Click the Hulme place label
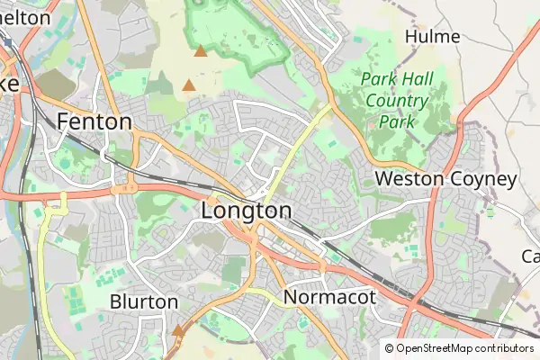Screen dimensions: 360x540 pos(433,37)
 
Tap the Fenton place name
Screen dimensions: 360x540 pos(94,121)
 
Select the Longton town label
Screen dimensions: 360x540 pos(247,211)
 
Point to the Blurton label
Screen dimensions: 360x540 pos(144,301)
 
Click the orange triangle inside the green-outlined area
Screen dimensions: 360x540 pos(200,51)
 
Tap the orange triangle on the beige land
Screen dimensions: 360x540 pos(189,85)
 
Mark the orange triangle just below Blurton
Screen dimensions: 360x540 pos(178,331)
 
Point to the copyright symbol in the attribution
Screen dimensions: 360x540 pos(390,348)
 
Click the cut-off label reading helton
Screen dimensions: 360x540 pos(25,18)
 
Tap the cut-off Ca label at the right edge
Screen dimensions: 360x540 pos(530,256)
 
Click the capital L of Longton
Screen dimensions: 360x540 pos(209,211)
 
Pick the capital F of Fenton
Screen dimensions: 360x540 pos(63,121)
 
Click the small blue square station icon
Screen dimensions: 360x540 pos(8,42)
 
